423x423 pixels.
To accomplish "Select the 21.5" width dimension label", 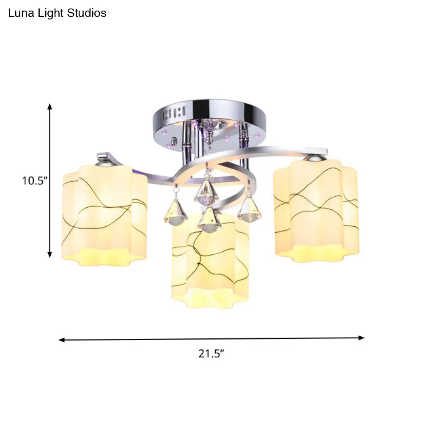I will tap(211, 354).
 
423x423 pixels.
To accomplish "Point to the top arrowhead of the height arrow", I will tap(50, 107).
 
